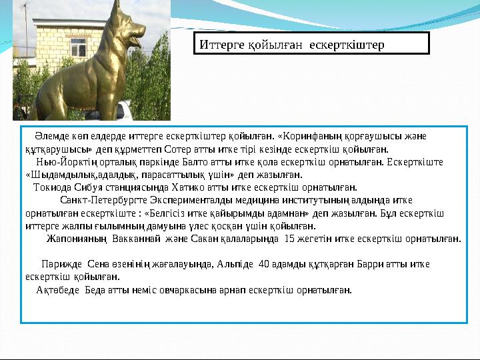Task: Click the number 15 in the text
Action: pyautogui.click(x=289, y=237)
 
